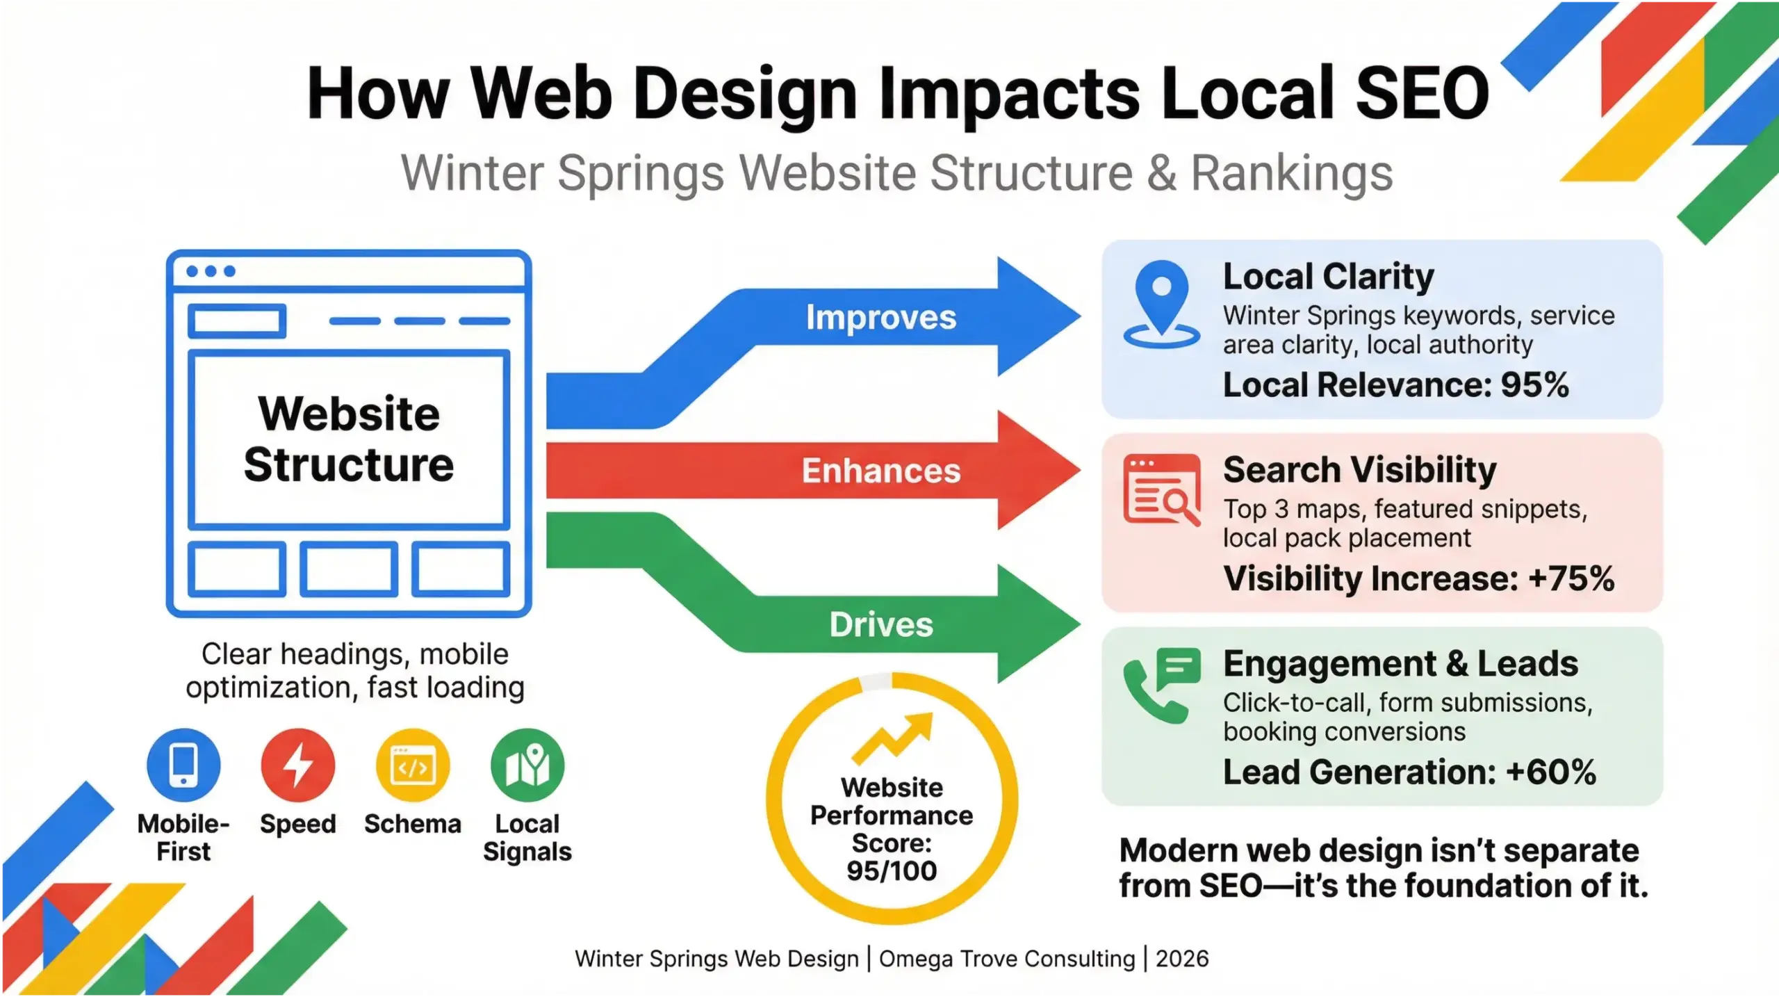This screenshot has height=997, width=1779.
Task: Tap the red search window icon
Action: (x=1161, y=490)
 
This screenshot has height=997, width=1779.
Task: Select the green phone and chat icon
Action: (x=1161, y=685)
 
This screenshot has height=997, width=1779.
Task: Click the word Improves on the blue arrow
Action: (x=880, y=318)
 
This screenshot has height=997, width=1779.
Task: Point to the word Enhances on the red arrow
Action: (x=880, y=471)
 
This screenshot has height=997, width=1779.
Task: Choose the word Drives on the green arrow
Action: (x=880, y=625)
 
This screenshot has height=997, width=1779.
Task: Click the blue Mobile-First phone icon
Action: (x=183, y=765)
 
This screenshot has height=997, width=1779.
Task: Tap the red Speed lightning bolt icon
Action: (x=298, y=765)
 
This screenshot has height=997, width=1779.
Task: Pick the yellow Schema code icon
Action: (x=413, y=765)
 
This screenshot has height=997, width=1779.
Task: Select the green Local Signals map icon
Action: (x=527, y=765)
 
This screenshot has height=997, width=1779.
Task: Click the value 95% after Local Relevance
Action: (x=1534, y=385)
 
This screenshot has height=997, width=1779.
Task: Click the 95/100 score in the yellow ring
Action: (x=892, y=871)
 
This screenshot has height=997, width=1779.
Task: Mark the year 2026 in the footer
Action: (x=1182, y=959)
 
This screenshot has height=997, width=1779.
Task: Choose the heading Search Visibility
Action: (x=1359, y=470)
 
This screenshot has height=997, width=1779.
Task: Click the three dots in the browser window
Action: (x=211, y=271)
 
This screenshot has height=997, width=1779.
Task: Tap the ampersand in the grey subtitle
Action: (x=1161, y=173)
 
